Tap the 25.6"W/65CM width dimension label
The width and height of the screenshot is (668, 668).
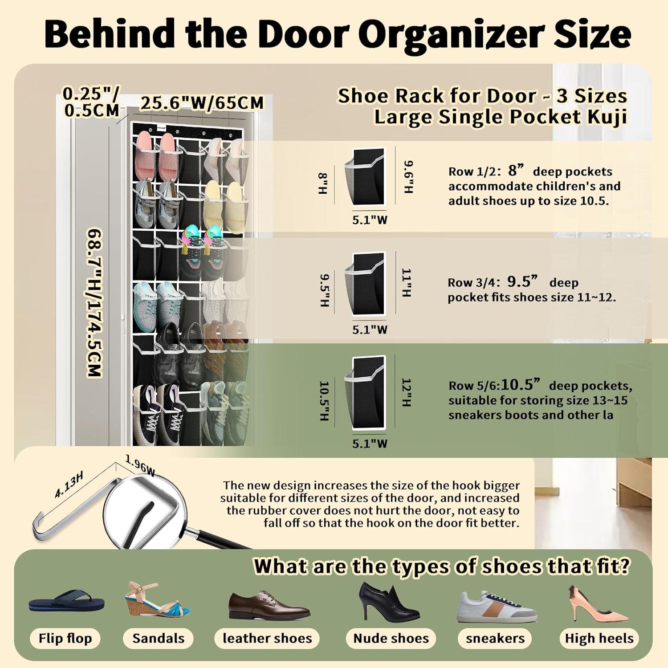[x=203, y=103]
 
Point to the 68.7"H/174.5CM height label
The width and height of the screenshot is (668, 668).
[x=94, y=303]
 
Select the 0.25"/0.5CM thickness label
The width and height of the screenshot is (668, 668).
[x=91, y=102]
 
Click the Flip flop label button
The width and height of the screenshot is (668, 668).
[x=65, y=638]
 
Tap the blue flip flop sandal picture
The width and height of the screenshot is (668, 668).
[x=67, y=601]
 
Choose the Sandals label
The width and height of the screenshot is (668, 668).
[x=158, y=638]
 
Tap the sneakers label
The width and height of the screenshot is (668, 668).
[x=495, y=638]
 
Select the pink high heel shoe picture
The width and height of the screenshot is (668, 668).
[x=597, y=603]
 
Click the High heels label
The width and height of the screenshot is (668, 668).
[x=599, y=638]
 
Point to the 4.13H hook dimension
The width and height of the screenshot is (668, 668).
[x=69, y=484]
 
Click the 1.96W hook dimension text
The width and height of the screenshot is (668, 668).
[x=140, y=466]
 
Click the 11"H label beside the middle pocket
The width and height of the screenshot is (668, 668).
[x=407, y=282]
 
